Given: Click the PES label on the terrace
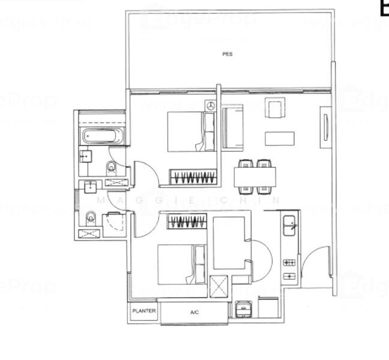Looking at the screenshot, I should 227,54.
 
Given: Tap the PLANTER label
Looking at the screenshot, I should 144,311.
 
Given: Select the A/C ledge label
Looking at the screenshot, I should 194,313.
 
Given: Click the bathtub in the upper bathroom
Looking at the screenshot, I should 101,136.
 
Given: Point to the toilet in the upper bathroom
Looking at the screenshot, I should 112,166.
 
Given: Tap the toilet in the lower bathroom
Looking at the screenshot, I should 91,217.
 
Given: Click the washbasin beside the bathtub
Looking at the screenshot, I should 85,157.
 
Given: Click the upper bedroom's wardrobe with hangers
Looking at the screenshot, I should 193,177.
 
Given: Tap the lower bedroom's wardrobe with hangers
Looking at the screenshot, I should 187,222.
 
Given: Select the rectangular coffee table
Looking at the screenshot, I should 280,139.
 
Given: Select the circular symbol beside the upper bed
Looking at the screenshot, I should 210,106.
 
